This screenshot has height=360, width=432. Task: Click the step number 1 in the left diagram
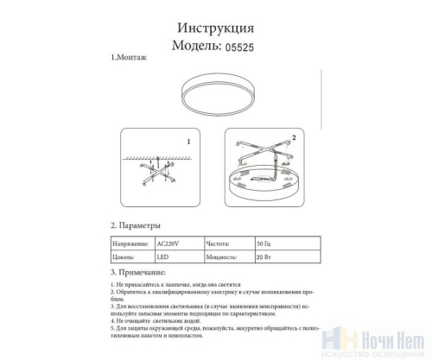point(187,140)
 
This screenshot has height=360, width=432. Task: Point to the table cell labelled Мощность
point(221,256)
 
